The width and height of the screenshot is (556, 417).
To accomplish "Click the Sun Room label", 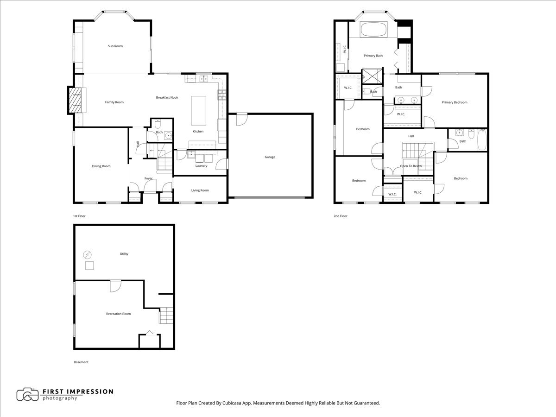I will coord(115,46).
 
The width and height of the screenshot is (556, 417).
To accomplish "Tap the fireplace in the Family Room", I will coord(74,101).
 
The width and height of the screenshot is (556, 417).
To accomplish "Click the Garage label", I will coord(270,157).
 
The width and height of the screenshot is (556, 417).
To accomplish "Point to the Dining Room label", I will coord(101,166).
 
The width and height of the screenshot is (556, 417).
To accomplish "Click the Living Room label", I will coord(200,190).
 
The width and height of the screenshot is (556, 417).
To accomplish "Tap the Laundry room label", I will coord(201,165).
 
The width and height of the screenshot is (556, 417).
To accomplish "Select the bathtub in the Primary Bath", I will coord(373,30).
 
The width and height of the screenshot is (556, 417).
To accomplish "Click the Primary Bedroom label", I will coord(454,102).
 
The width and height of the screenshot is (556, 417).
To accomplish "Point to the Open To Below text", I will coord(411,166).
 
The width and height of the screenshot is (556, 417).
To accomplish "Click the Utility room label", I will coord(124,253).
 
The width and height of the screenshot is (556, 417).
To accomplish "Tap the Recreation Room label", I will coord(118,314).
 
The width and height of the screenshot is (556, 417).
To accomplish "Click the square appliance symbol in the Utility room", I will coord(89,265).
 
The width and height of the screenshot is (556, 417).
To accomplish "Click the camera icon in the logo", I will coord(27,394).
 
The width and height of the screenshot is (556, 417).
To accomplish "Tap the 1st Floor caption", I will coord(79,216).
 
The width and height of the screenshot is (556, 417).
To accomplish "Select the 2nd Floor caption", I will coord(340,216).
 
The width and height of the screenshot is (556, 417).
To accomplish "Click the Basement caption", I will coord(81,362).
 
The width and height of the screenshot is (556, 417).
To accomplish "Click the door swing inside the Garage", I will coord(241,120).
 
